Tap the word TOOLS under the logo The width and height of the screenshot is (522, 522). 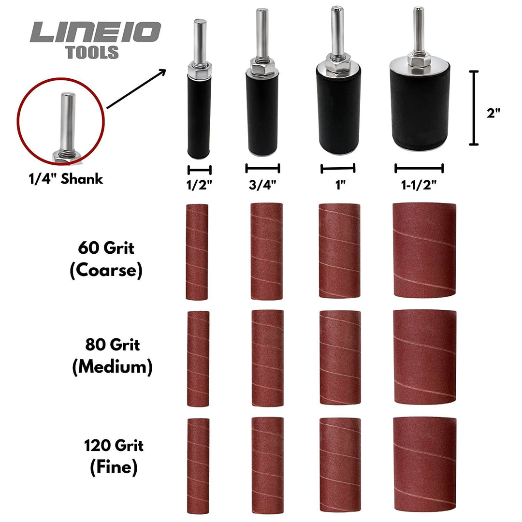[x=92, y=53]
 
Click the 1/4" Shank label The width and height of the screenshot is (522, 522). [x=65, y=178]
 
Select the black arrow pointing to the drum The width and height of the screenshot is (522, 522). [x=136, y=89]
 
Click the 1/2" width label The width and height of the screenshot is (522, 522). [x=200, y=186]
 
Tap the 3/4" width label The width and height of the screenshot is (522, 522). [x=262, y=186]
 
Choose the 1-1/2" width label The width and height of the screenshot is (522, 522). [x=419, y=186]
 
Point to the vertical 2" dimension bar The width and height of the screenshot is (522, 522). [x=474, y=108]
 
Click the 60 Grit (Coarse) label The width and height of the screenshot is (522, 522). [x=106, y=260]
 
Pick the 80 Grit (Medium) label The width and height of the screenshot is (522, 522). [x=112, y=356]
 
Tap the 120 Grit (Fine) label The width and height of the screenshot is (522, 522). [x=114, y=456]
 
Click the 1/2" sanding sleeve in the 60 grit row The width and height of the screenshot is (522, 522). [x=197, y=252]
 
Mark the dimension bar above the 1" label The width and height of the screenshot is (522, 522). [x=338, y=168]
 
